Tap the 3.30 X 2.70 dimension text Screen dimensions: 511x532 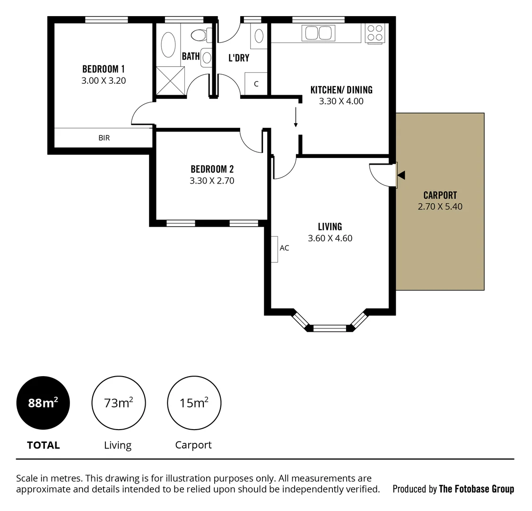click(212, 181)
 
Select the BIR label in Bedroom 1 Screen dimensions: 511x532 click(104, 138)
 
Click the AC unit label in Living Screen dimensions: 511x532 click(284, 248)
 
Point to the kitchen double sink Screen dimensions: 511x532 click(318, 33)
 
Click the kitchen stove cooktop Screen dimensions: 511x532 click(375, 33)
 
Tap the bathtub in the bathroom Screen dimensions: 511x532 click(168, 44)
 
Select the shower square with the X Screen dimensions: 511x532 click(170, 81)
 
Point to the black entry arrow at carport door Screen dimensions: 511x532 click(401, 176)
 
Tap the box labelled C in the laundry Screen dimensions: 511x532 click(256, 84)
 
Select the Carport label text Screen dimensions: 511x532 click(440, 195)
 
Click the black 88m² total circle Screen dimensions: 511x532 click(43, 403)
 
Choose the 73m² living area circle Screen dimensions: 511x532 click(118, 403)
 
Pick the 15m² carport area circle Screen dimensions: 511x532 click(194, 403)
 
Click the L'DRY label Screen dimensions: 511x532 click(239, 58)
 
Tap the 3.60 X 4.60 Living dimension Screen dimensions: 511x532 click(330, 238)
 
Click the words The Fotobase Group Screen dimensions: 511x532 click(476, 489)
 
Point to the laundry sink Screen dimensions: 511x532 click(259, 36)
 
